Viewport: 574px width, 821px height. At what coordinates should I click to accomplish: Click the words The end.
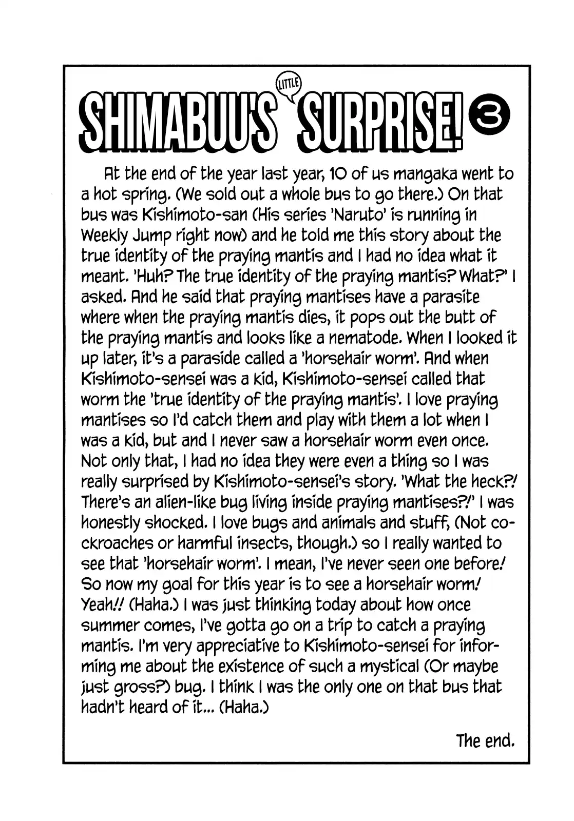[x=485, y=740]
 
